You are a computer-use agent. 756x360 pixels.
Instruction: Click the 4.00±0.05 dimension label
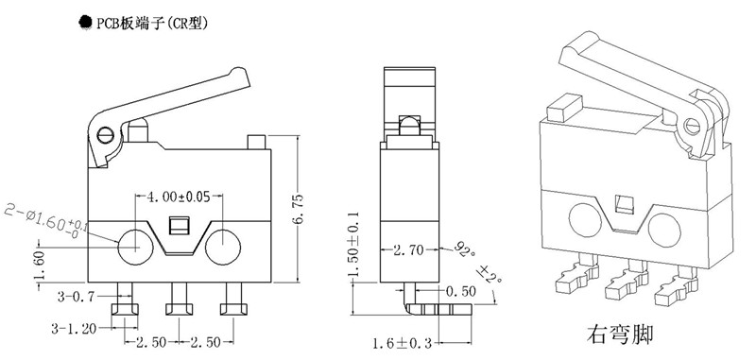point(179,197)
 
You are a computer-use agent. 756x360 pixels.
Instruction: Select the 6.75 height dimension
point(298,209)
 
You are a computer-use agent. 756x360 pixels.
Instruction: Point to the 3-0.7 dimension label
point(76,297)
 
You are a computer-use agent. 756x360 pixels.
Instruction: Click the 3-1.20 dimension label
point(74,329)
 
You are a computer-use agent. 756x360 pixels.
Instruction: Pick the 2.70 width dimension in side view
point(408,249)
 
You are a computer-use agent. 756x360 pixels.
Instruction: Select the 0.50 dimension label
point(460,291)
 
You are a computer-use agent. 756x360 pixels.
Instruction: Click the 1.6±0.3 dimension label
point(403,344)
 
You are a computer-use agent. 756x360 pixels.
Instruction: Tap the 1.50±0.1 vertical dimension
point(354,244)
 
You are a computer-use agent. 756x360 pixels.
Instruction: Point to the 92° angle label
point(463,249)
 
